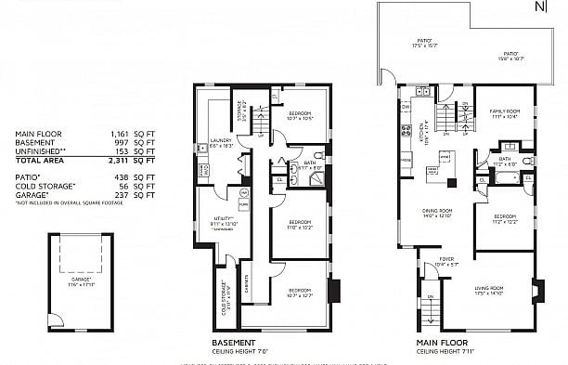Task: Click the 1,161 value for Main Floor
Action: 120,134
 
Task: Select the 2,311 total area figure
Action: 120,160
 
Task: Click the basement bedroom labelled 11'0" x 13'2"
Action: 299,223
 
